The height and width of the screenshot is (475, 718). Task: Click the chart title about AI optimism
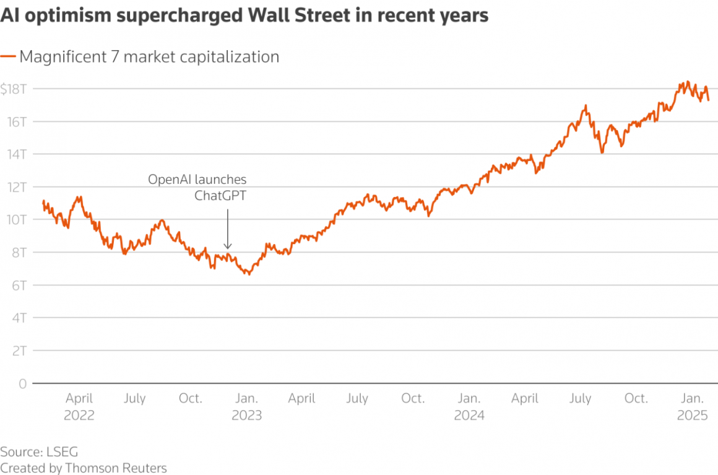coord(244,16)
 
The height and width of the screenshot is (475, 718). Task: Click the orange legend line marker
coord(8,57)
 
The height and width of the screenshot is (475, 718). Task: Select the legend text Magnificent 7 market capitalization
coord(149,57)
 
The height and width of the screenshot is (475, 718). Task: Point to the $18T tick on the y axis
coord(13,89)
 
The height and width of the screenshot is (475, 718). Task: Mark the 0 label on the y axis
coord(22,384)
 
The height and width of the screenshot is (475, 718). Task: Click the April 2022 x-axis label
coord(79,406)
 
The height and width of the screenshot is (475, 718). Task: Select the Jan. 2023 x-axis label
coord(246,406)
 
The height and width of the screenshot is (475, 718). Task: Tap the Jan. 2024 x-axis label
coord(469,406)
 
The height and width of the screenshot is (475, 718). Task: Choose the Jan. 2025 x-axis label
coord(692,406)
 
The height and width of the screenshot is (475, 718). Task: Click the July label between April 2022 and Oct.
coord(134,398)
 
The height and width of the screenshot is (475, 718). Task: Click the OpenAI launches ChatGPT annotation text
coord(197,188)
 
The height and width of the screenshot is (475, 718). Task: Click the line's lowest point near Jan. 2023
coord(249,274)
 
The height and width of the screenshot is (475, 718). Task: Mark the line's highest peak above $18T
coord(686,81)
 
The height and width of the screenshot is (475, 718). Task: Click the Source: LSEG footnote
coord(39,451)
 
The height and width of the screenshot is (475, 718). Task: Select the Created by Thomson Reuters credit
coord(84,468)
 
